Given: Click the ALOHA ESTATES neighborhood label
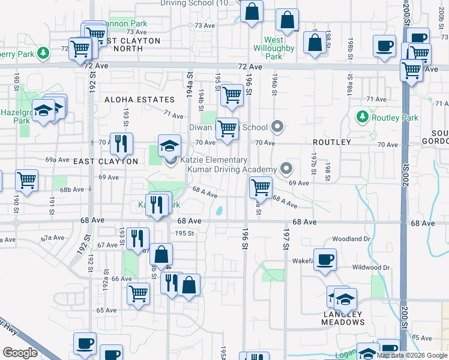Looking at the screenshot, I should [140, 100].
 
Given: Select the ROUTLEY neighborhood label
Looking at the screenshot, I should [331, 142].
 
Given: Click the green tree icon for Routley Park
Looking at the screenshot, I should [362, 116].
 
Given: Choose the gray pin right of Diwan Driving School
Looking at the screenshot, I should [277, 127].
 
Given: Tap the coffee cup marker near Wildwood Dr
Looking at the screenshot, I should [325, 260].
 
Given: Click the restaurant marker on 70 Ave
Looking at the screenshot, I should [122, 144].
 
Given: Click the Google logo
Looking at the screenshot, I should [20, 353].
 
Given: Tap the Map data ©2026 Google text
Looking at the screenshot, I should [411, 355].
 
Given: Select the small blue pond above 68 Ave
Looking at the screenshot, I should [218, 211].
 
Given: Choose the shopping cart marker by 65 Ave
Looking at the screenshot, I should [139, 295].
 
